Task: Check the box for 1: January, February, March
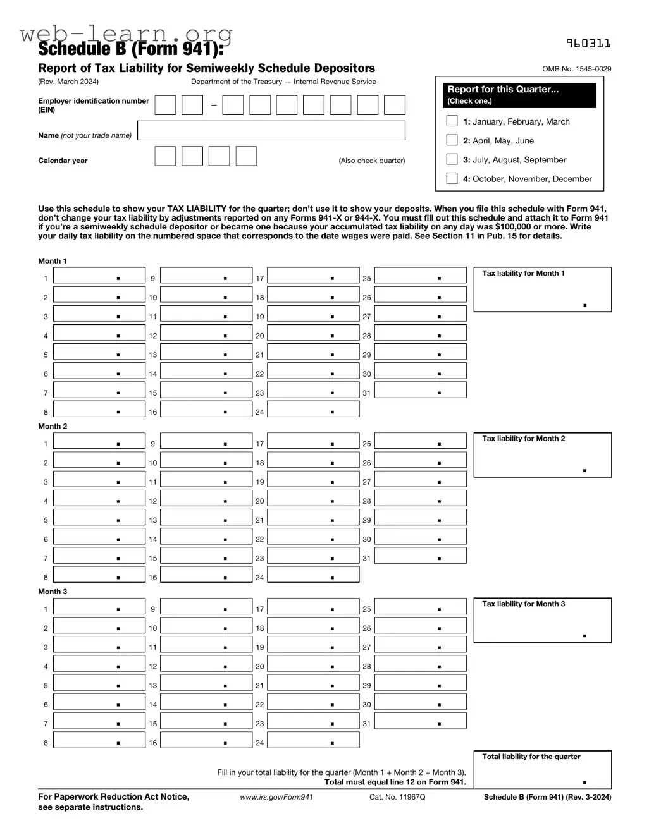(452, 121)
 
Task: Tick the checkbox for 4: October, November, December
(452, 178)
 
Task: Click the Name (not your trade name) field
(271, 131)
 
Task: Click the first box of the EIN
(165, 105)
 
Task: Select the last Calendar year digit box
(246, 156)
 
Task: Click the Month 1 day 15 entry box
(206, 391)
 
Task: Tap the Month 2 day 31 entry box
(420, 556)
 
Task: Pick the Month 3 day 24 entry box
(313, 740)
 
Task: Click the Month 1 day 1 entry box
(99, 276)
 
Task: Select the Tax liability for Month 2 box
(542, 455)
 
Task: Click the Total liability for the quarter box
(542, 770)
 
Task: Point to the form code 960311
(588, 44)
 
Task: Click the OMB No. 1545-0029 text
(576, 69)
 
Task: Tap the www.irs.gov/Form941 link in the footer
(276, 797)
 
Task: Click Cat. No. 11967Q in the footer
(397, 797)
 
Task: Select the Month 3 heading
(53, 592)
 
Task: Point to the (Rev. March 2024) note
(68, 82)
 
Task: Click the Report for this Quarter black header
(519, 95)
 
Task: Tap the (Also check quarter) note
(371, 161)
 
